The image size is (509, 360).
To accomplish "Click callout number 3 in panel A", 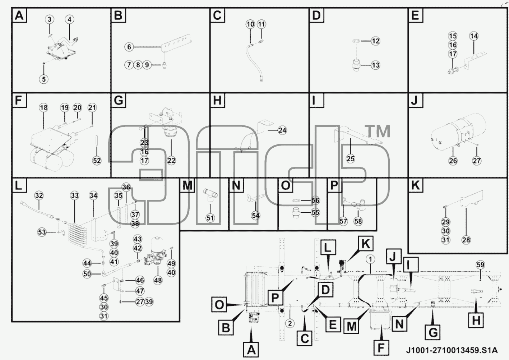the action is pos(50,19).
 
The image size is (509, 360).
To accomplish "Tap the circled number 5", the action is pos(43,79).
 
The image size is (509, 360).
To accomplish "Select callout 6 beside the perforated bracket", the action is pos(129,47).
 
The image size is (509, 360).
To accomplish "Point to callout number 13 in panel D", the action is pos(376,65).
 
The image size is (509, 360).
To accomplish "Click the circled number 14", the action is pos(474,36).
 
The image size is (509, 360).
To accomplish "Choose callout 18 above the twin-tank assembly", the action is pos(43,107).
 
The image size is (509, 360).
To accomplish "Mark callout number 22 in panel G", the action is pos(171,161).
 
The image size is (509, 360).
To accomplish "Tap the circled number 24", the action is pos(282,130).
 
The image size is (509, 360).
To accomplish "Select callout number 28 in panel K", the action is pos(466,240).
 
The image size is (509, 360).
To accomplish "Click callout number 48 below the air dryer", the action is pos(158,281).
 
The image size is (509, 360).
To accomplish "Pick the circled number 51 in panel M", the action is pos(210,218).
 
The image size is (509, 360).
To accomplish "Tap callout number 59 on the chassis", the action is pos(480,265).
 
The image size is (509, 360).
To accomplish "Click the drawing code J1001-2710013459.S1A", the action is pos(452,350).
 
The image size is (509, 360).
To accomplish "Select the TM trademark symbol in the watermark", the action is pos(377,131).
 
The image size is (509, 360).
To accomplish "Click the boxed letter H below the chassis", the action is pos(476,321).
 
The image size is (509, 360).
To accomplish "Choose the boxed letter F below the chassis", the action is pos(381,348).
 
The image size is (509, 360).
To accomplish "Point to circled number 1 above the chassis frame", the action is pos(370,259).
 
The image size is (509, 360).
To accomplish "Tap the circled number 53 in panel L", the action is pos(42,232).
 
